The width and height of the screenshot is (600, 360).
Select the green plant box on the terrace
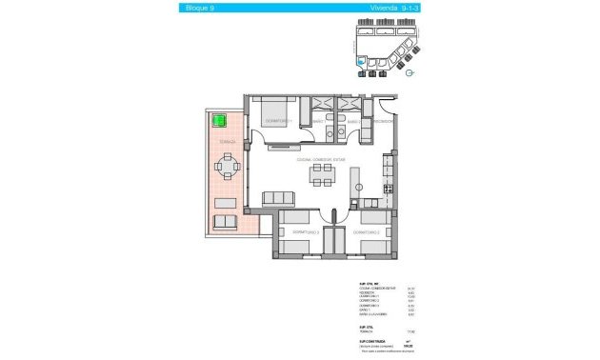click(219, 122)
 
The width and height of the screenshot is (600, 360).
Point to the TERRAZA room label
click(227, 141)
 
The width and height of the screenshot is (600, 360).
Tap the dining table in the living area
click(321, 176)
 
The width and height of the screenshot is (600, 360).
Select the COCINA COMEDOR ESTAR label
click(319, 160)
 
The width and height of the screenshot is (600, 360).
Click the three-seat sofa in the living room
click(279, 197)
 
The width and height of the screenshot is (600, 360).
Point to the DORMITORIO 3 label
click(305, 233)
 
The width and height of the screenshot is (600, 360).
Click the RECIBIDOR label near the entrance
click(383, 122)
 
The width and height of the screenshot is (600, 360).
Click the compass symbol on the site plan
click(410, 71)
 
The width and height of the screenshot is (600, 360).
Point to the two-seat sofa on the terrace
click(226, 222)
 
